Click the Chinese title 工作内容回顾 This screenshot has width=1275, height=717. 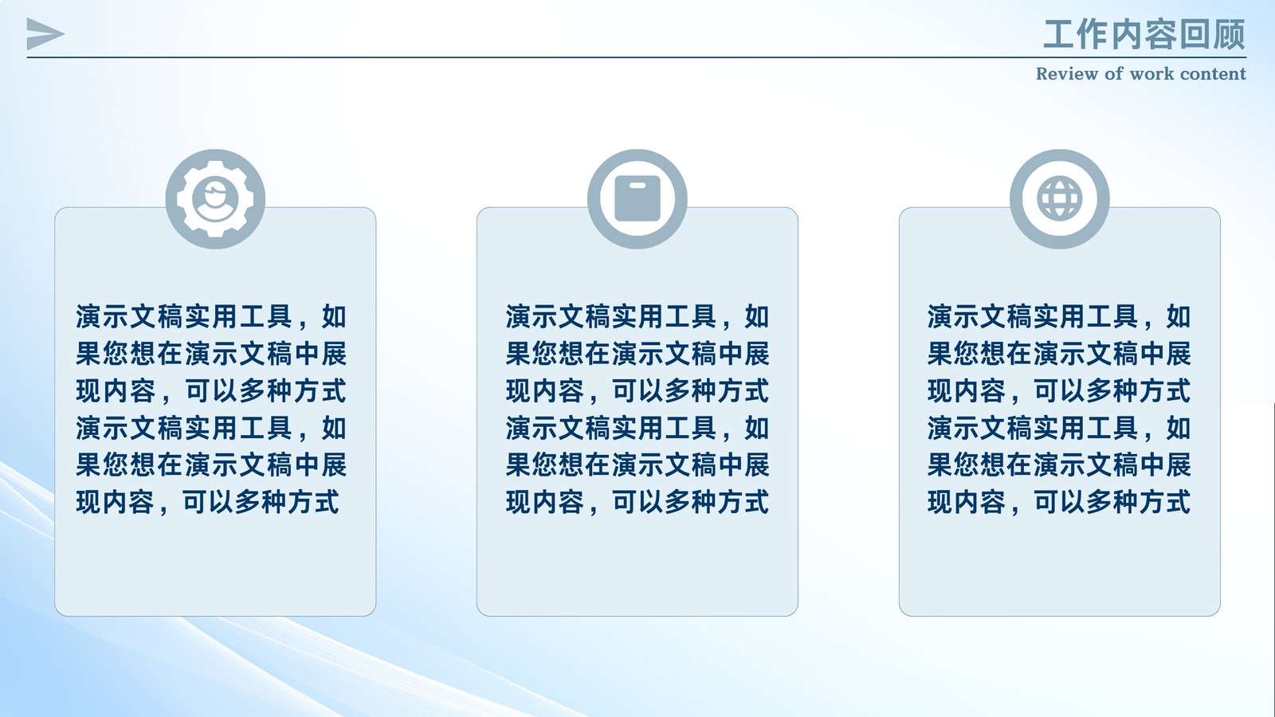click(1144, 34)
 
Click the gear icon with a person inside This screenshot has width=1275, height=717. click(215, 199)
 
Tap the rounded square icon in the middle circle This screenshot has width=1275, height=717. click(637, 198)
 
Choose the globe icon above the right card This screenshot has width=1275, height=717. click(1059, 198)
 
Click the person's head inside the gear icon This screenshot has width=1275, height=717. click(215, 194)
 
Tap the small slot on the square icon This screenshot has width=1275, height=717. click(637, 186)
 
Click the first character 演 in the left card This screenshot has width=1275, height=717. click(88, 317)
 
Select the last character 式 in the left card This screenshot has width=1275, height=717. click(326, 503)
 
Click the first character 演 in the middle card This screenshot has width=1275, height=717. click(519, 317)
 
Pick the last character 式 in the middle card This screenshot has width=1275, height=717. click(756, 503)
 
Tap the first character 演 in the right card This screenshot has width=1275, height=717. click(940, 317)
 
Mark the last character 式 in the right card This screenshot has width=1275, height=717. click(1178, 503)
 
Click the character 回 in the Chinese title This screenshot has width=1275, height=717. click(1195, 34)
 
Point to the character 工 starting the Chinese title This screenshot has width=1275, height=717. click(1059, 34)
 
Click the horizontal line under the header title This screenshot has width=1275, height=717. click(637, 57)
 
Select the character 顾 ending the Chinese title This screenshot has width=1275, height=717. click(1230, 34)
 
